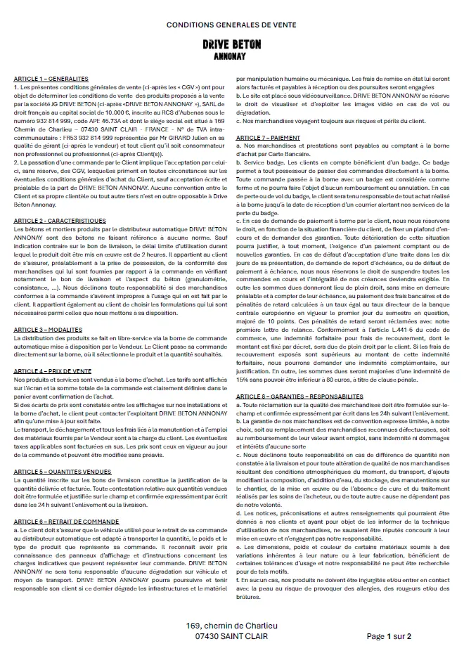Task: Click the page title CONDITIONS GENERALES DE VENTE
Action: point(231,25)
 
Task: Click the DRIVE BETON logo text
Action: point(231,44)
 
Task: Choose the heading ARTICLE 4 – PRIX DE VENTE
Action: point(55,370)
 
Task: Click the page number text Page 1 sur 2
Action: point(389,636)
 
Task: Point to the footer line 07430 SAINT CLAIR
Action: point(231,636)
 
